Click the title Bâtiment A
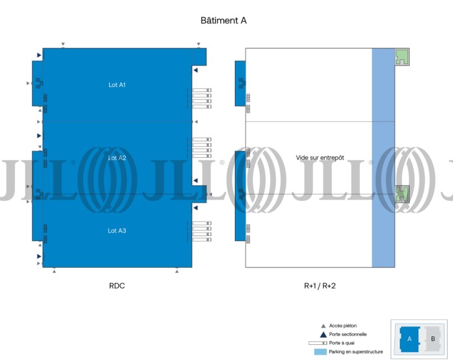(223, 21)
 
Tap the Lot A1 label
(117, 85)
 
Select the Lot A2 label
(117, 158)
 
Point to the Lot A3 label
(117, 230)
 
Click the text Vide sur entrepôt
(320, 158)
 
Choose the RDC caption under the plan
(117, 286)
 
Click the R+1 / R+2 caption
(320, 286)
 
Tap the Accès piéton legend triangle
(323, 326)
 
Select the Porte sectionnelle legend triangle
(323, 335)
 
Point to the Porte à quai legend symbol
(318, 343)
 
